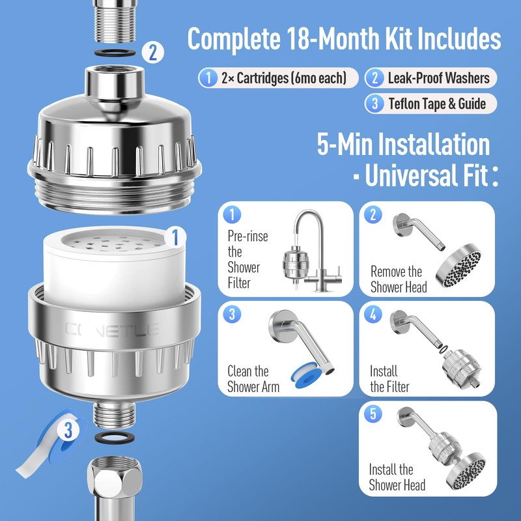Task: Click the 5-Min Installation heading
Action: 403,144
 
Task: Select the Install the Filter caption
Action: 389,379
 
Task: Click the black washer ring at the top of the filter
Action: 114,51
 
